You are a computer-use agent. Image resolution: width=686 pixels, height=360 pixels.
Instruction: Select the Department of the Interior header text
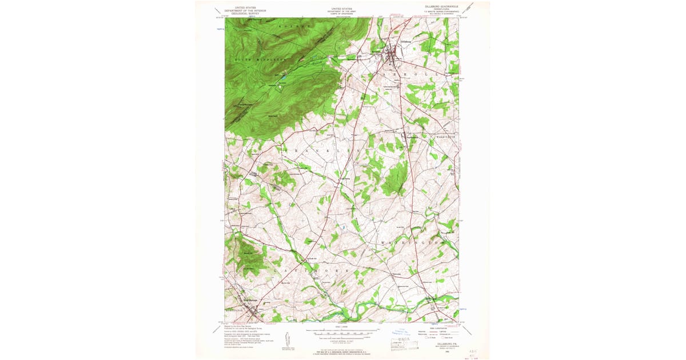pos(244,10)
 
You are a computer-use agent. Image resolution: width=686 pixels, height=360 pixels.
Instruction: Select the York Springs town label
pos(250,300)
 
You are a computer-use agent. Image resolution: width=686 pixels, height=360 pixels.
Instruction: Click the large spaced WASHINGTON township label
pos(412,242)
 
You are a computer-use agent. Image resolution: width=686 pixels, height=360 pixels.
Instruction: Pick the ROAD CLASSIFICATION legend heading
pos(438,328)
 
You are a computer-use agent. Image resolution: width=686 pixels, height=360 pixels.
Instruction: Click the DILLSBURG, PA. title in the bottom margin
pos(438,345)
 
